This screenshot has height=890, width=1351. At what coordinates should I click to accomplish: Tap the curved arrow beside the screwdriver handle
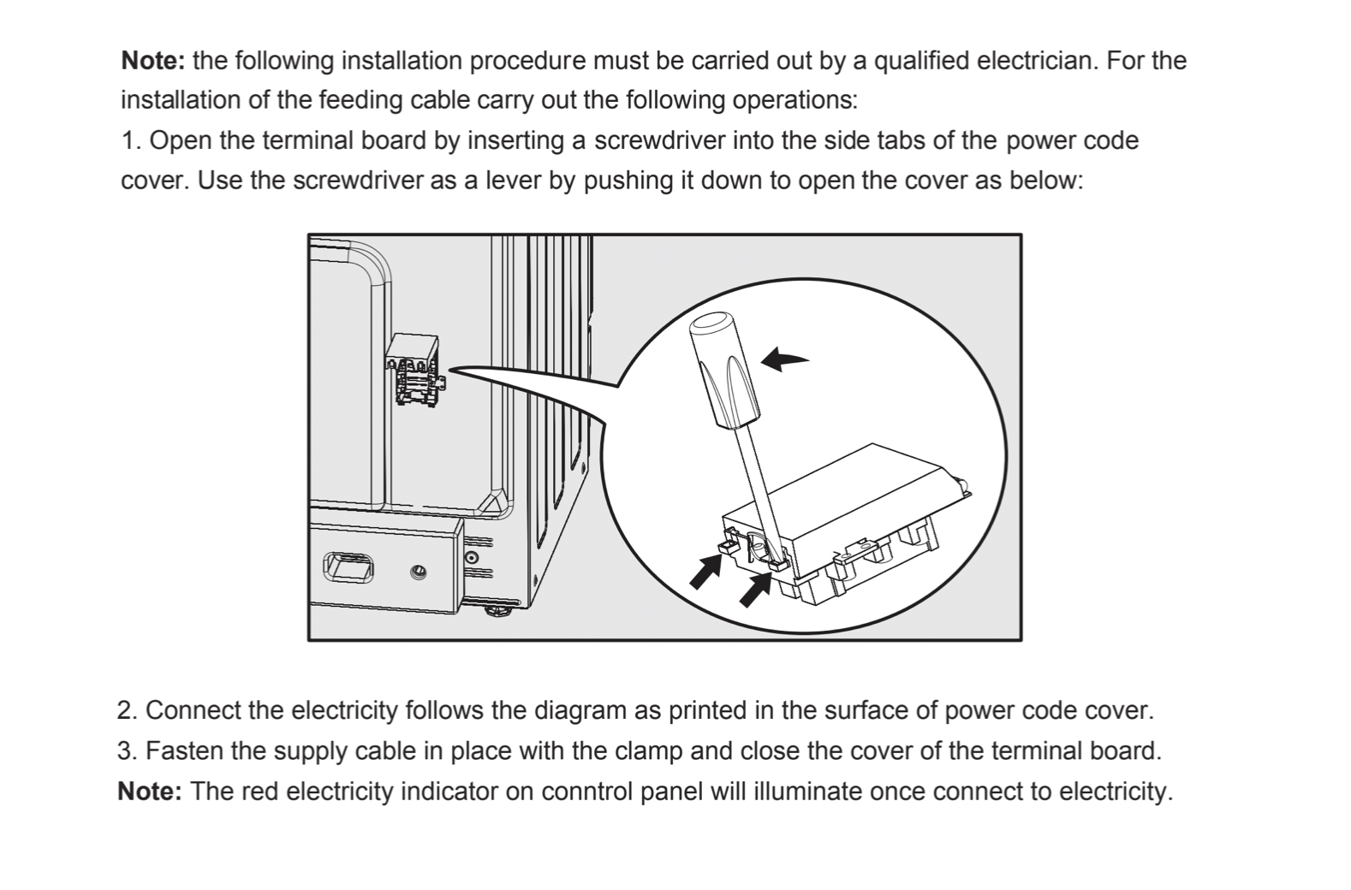tap(784, 359)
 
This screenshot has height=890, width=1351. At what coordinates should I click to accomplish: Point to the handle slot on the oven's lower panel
tap(348, 567)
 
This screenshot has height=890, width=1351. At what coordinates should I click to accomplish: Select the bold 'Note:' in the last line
tap(150, 791)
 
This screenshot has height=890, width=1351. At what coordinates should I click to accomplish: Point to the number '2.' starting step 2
tap(128, 710)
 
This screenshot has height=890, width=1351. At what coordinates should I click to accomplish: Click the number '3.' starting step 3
tap(128, 751)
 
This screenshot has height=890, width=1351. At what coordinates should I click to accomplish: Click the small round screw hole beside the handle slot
tap(419, 572)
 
